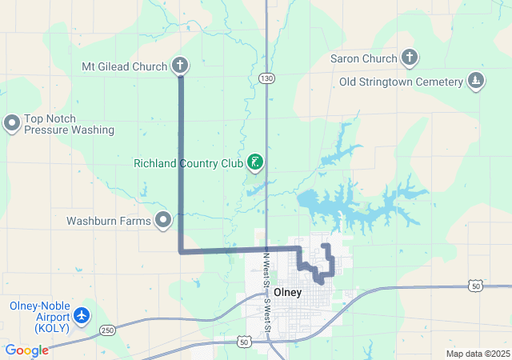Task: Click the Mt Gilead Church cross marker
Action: pyautogui.click(x=180, y=66)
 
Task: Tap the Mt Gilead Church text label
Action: pyautogui.click(x=125, y=66)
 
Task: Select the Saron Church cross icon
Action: pyautogui.click(x=410, y=58)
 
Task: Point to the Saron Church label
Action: pyautogui.click(x=363, y=58)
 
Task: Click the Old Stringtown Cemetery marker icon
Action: pyautogui.click(x=476, y=82)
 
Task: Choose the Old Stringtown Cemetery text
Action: pyautogui.click(x=401, y=82)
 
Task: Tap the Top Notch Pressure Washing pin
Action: pyautogui.click(x=12, y=123)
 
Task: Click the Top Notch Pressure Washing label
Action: pyautogui.click(x=69, y=124)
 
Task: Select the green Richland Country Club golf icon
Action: pyautogui.click(x=255, y=163)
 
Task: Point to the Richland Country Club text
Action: pyautogui.click(x=188, y=164)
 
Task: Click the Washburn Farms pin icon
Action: pyautogui.click(x=164, y=218)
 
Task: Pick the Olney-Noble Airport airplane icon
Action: pyautogui.click(x=82, y=315)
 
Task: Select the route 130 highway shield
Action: pyautogui.click(x=266, y=77)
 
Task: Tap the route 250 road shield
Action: pyautogui.click(x=107, y=330)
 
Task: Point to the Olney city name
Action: pyautogui.click(x=288, y=292)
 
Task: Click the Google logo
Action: pyautogui.click(x=26, y=350)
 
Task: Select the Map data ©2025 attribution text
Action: pyautogui.click(x=478, y=354)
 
